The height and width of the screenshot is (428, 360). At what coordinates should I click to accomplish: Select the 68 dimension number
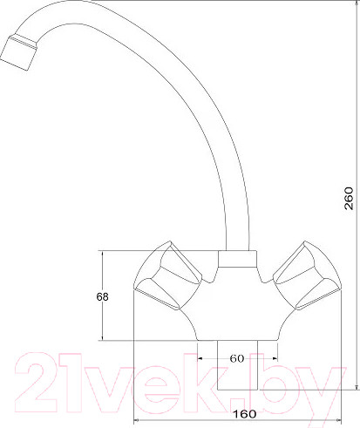click(103, 296)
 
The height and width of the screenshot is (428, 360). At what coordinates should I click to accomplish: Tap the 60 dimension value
click(236, 358)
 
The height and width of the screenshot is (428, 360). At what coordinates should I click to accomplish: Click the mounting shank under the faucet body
click(236, 366)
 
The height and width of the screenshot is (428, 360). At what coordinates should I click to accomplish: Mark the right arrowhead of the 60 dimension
click(274, 357)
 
